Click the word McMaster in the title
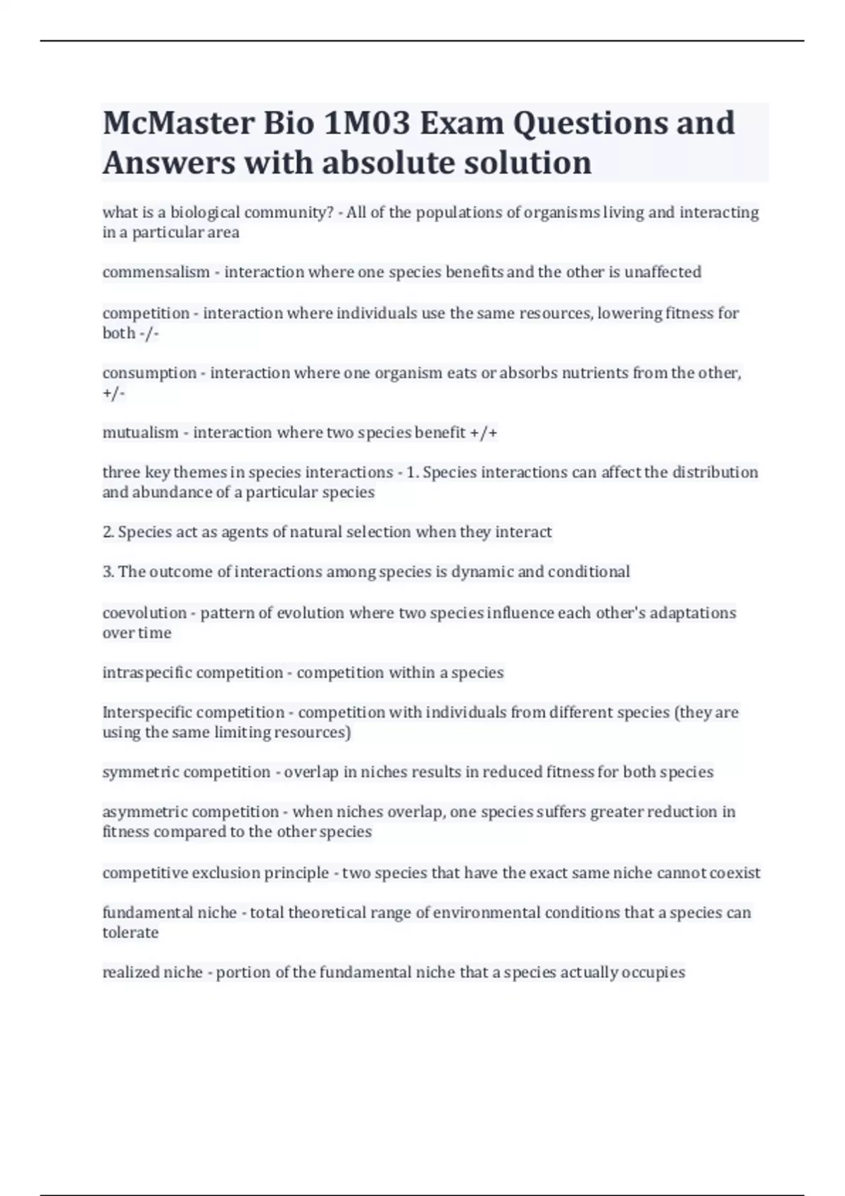[178, 123]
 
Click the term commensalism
[156, 272]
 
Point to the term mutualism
[140, 433]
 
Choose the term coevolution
[144, 613]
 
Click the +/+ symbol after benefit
[484, 433]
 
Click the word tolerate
[130, 933]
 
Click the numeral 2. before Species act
[108, 533]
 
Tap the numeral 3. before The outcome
[108, 572]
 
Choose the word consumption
[149, 373]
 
